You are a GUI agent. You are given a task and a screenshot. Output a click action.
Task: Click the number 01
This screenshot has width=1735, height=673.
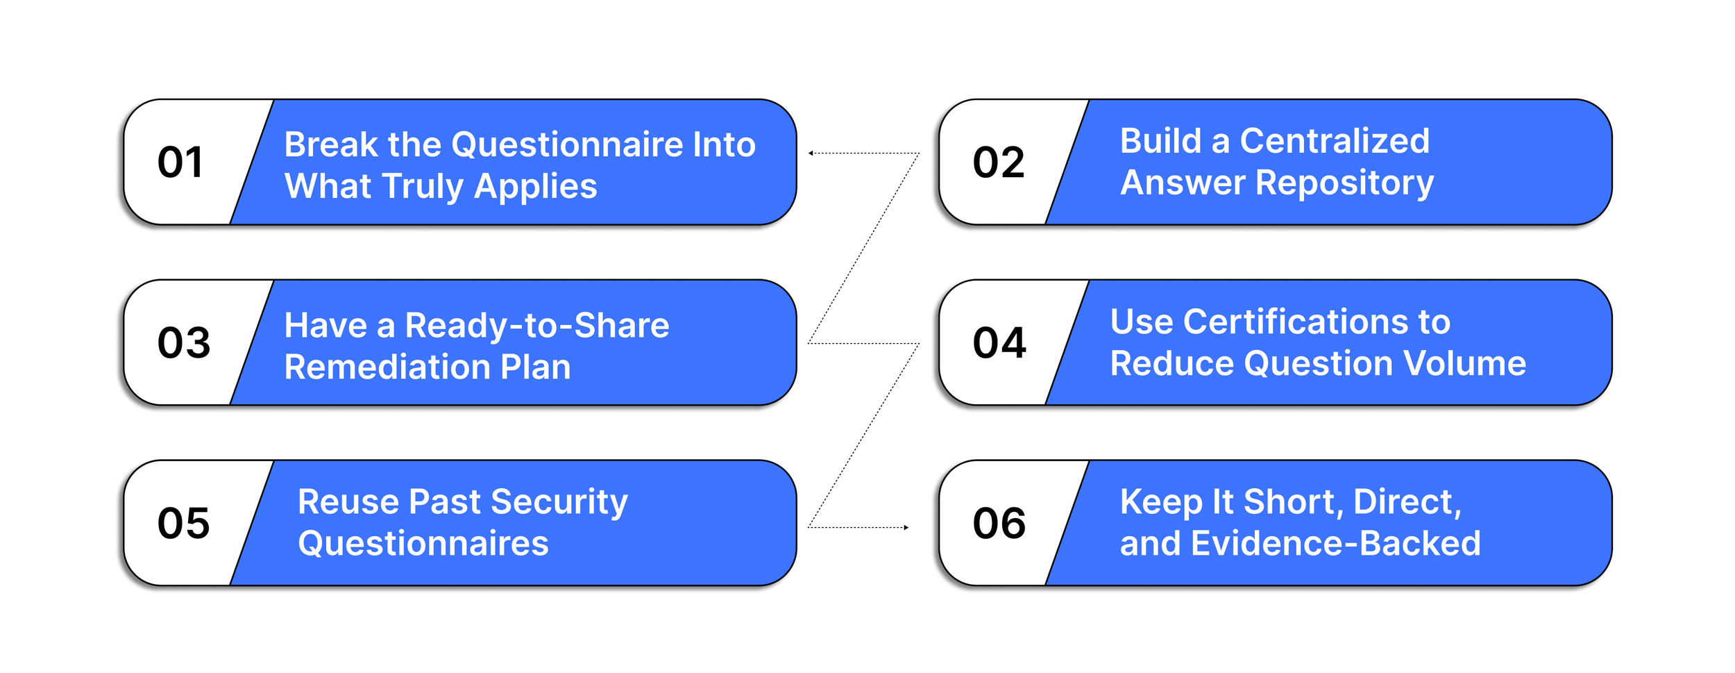[x=180, y=162]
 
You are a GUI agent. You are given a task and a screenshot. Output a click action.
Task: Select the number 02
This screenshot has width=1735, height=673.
[x=999, y=162]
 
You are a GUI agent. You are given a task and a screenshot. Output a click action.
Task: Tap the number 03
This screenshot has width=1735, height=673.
[x=184, y=342]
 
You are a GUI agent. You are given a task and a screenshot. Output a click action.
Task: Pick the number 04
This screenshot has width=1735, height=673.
[x=999, y=342]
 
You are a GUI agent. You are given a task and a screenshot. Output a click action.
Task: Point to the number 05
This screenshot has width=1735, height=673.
[x=184, y=523]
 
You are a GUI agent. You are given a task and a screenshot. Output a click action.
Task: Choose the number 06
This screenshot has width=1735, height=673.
[x=999, y=523]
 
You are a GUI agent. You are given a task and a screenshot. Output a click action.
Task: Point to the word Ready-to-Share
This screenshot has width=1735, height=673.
[x=536, y=325]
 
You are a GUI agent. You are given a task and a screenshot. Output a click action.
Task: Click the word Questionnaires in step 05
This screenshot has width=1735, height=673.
[x=423, y=543]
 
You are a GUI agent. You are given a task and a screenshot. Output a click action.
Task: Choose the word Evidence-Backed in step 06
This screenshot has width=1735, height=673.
[x=1335, y=543]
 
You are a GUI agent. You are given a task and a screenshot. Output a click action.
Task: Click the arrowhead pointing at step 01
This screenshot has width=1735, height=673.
[x=811, y=153]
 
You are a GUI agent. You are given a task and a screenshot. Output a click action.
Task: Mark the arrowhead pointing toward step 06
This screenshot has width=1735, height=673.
[x=906, y=528]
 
